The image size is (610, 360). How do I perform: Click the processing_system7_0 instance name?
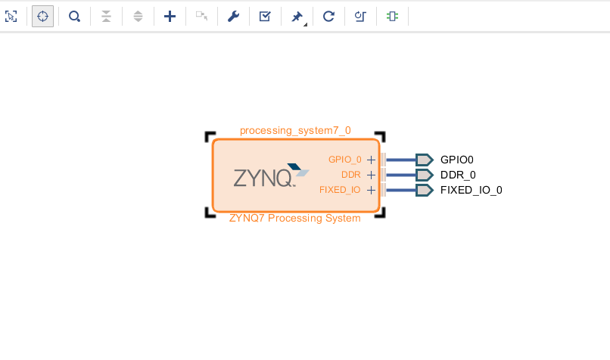(x=295, y=130)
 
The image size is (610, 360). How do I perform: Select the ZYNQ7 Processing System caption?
(x=295, y=219)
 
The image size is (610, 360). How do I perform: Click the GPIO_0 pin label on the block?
(x=344, y=160)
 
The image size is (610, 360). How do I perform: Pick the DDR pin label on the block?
(x=351, y=175)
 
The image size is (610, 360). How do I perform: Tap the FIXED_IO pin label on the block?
(x=340, y=190)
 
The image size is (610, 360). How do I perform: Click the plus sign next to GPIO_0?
(x=371, y=160)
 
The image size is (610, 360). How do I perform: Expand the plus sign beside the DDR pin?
(x=371, y=175)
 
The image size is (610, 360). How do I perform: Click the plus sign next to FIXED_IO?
(x=371, y=190)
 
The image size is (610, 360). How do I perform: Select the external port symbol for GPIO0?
(x=424, y=160)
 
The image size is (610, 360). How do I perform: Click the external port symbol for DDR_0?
(x=424, y=175)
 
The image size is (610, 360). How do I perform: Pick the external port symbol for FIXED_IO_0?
(x=424, y=190)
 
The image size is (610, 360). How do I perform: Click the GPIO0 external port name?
(x=456, y=160)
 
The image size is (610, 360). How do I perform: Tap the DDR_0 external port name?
(x=458, y=175)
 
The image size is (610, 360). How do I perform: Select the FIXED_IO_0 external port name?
(x=471, y=190)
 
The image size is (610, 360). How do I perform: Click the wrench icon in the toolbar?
(x=233, y=16)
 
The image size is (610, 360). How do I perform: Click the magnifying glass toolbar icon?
(x=74, y=16)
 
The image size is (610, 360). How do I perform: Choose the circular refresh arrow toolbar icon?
(x=328, y=16)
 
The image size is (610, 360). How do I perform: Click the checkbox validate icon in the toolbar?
(x=265, y=16)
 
